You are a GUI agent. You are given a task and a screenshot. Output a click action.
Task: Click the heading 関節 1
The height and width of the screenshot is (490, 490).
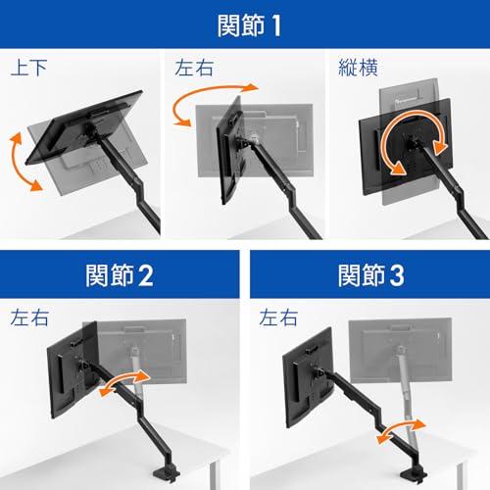tap(249, 25)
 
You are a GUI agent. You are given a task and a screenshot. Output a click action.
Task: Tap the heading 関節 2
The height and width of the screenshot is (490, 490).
tap(120, 275)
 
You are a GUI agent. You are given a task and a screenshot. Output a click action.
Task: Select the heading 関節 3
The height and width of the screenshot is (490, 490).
tap(371, 275)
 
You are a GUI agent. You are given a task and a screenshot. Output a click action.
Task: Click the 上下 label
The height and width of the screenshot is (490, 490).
tap(28, 68)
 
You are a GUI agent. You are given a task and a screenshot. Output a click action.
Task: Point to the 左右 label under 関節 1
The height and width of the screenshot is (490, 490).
tap(194, 68)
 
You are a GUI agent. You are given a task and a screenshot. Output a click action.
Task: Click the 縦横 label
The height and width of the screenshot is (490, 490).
tap(358, 68)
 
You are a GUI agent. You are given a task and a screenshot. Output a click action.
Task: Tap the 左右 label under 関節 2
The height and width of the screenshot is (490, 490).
tap(29, 318)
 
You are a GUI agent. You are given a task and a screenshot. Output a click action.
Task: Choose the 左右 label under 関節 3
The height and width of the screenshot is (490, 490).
tap(278, 318)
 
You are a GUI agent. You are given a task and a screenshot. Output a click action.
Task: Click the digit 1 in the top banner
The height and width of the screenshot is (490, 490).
tap(276, 25)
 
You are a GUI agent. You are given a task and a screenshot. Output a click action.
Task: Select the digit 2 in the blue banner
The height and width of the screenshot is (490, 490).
tap(146, 275)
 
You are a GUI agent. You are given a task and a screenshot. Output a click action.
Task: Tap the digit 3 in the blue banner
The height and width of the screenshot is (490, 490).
tap(397, 275)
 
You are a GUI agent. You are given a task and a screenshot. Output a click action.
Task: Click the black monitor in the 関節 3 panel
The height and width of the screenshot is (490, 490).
tap(309, 377)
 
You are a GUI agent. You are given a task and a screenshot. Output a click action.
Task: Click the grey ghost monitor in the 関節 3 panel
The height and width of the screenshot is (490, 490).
tap(401, 350)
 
